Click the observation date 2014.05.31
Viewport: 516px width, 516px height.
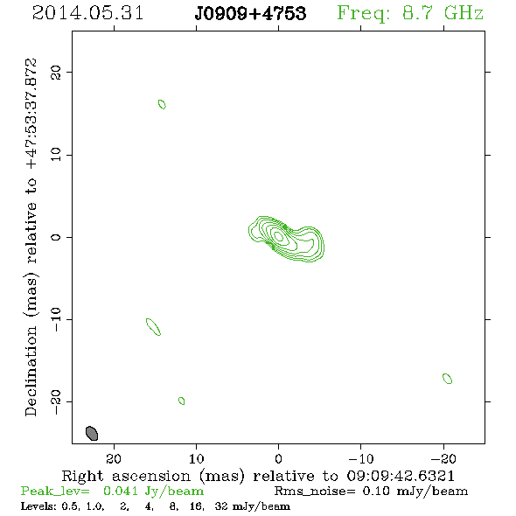[87, 13]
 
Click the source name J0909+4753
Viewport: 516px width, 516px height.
[250, 13]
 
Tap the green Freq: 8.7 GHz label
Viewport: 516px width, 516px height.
[410, 13]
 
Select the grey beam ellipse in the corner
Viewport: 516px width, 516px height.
[92, 433]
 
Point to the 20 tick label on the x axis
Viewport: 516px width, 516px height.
[114, 459]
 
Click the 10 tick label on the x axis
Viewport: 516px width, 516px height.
[196, 459]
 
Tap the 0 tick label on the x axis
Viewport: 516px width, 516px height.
[278, 459]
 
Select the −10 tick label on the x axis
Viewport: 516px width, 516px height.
[361, 459]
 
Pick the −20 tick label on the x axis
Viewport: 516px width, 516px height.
[443, 459]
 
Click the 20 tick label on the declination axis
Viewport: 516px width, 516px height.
[56, 73]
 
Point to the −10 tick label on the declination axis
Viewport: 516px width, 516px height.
[56, 319]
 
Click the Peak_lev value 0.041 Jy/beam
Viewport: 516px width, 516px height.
[154, 491]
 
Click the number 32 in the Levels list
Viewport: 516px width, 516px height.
[221, 506]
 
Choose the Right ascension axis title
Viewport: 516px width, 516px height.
[258, 476]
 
